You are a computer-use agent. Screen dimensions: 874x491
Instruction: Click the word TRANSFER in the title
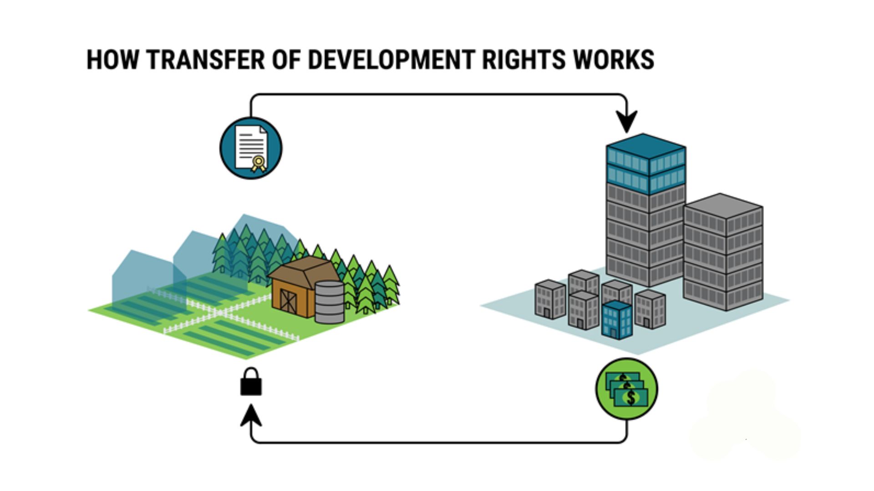pyautogui.click(x=206, y=60)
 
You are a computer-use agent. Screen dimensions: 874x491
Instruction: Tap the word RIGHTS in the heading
pyautogui.click(x=523, y=60)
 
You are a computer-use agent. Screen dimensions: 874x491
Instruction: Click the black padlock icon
pyautogui.click(x=251, y=382)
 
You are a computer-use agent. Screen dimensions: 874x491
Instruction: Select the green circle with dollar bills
pyautogui.click(x=627, y=389)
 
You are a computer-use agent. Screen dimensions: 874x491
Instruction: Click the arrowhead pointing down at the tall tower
pyautogui.click(x=627, y=121)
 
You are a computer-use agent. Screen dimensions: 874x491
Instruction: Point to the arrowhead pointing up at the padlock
pyautogui.click(x=251, y=415)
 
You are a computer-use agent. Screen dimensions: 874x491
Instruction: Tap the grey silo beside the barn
pyautogui.click(x=330, y=302)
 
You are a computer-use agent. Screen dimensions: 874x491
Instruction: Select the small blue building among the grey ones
pyautogui.click(x=617, y=320)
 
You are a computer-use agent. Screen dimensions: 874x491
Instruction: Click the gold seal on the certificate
pyautogui.click(x=259, y=163)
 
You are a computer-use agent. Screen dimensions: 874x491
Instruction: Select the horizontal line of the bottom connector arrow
pyautogui.click(x=439, y=442)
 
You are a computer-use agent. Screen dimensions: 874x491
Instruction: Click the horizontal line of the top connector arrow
pyautogui.click(x=439, y=95)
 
